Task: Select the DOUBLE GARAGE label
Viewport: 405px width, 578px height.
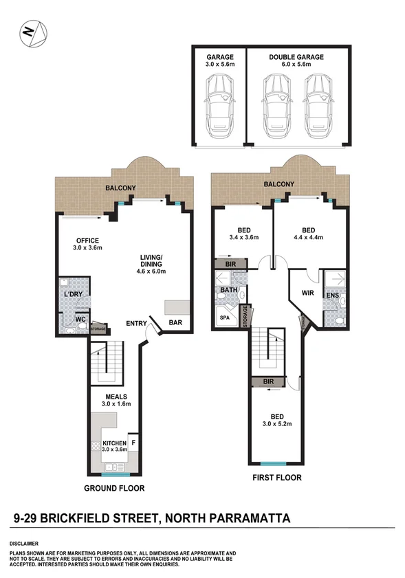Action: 296,58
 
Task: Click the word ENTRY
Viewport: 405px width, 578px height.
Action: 138,323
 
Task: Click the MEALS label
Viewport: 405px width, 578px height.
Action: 116,397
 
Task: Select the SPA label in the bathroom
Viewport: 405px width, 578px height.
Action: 225,318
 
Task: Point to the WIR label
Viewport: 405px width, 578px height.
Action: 307,293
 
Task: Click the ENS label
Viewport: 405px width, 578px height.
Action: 333,296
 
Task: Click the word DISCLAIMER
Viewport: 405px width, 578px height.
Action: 23,543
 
